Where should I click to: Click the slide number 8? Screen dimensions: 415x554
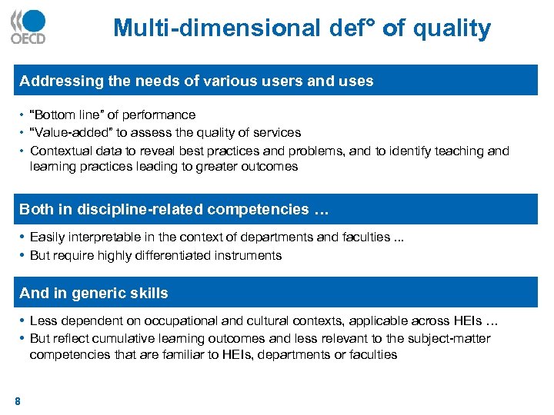(x=17, y=400)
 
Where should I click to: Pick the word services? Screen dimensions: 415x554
(x=276, y=132)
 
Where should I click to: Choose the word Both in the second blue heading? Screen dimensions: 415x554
(x=36, y=209)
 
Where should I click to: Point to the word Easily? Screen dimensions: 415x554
(x=48, y=237)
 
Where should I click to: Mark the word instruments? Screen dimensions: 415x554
(x=249, y=255)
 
